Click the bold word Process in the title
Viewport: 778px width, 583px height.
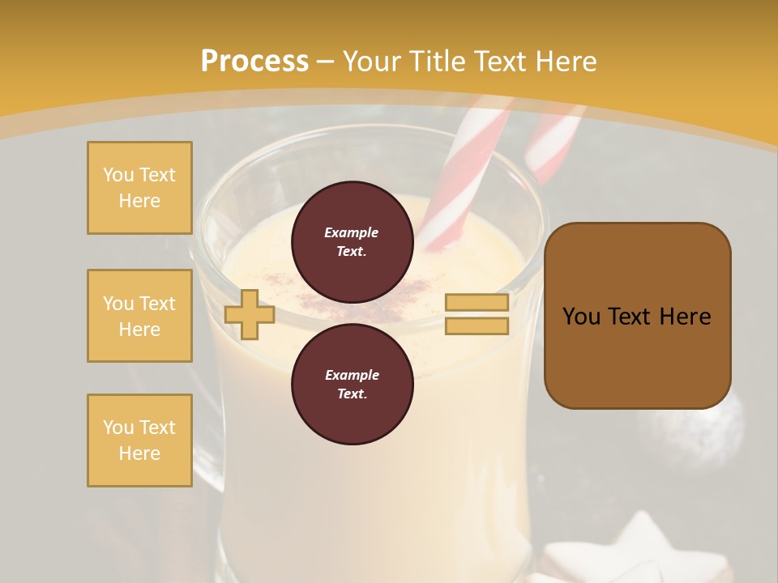coord(254,62)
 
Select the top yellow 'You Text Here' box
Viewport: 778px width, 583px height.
coord(139,188)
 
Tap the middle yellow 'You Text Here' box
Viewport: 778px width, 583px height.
coord(139,316)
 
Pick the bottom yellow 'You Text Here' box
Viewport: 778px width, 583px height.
coord(139,440)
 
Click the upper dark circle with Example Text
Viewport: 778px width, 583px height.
coord(352,241)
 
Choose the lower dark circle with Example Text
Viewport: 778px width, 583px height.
coord(352,384)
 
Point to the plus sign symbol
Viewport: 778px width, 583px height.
coord(250,314)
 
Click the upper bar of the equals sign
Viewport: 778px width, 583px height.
coord(477,302)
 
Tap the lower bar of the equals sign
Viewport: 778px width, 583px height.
coord(477,326)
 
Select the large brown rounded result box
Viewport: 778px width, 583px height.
coord(637,316)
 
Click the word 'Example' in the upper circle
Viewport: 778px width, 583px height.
coord(352,232)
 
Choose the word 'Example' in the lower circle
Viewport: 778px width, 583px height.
coord(352,375)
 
